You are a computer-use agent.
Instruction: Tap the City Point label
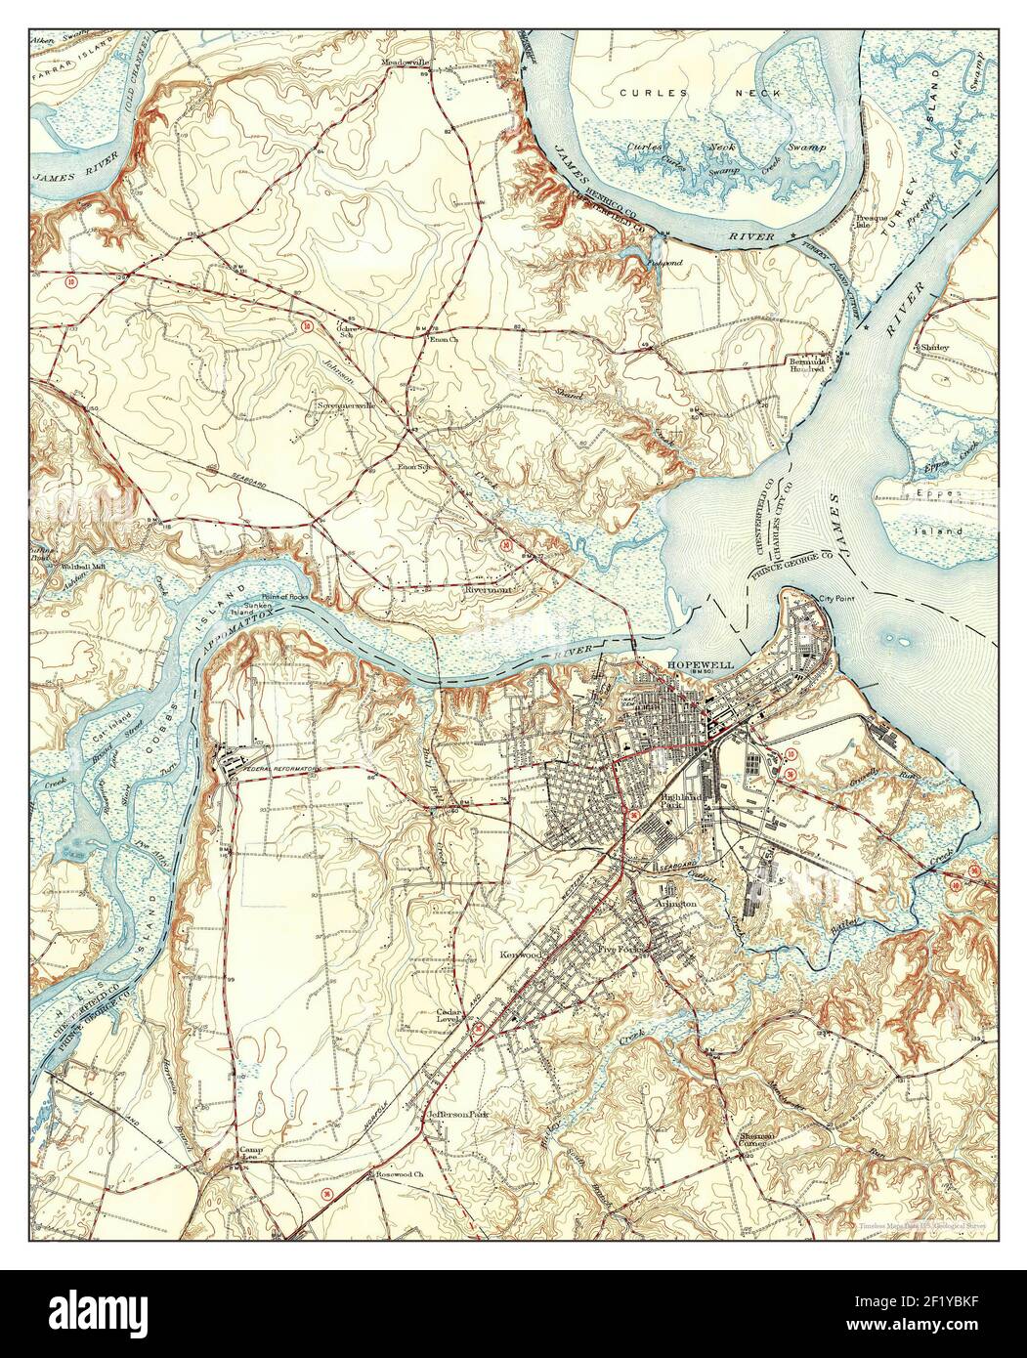pyautogui.click(x=836, y=598)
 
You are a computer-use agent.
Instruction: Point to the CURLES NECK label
pyautogui.click(x=701, y=93)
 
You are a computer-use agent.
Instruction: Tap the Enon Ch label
pyautogui.click(x=444, y=340)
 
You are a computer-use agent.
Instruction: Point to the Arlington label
pyautogui.click(x=675, y=906)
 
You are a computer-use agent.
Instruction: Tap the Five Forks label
pyautogui.click(x=617, y=947)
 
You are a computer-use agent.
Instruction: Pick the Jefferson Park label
pyautogui.click(x=457, y=1114)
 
